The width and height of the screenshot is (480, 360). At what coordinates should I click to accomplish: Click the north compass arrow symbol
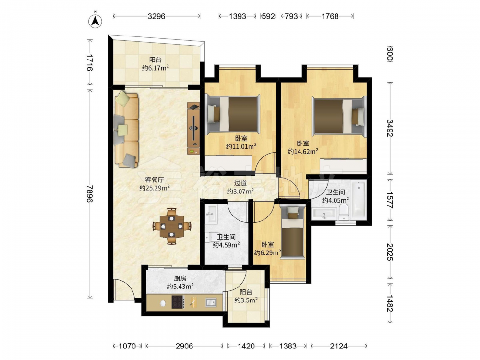coord(95,21)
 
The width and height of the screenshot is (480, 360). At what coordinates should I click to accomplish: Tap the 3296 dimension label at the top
coord(156,16)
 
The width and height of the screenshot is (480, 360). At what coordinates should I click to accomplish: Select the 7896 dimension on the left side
coord(90,193)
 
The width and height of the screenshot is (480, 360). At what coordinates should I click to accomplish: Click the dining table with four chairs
coord(172,226)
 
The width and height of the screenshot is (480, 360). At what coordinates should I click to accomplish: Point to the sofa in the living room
coord(126,129)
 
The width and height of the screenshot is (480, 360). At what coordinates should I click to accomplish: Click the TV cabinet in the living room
coord(193,128)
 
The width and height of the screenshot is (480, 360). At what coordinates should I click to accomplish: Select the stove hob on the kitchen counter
coord(178,302)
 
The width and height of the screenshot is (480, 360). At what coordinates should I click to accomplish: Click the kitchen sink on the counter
coord(210,302)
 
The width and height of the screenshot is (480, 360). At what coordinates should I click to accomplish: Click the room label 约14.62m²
coord(303,151)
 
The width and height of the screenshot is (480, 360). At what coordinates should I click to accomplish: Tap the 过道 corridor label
coord(240,183)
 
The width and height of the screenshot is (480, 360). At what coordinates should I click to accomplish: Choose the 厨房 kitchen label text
coord(180,278)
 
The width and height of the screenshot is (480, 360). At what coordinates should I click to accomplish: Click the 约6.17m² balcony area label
coord(156,68)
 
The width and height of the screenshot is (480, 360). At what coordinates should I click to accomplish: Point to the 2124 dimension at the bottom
coord(338,346)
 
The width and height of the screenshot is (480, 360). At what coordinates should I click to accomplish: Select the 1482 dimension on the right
coord(390,303)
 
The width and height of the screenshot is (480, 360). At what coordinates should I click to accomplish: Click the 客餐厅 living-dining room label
coord(154,180)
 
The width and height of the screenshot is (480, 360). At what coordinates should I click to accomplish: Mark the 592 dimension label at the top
coord(268,16)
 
